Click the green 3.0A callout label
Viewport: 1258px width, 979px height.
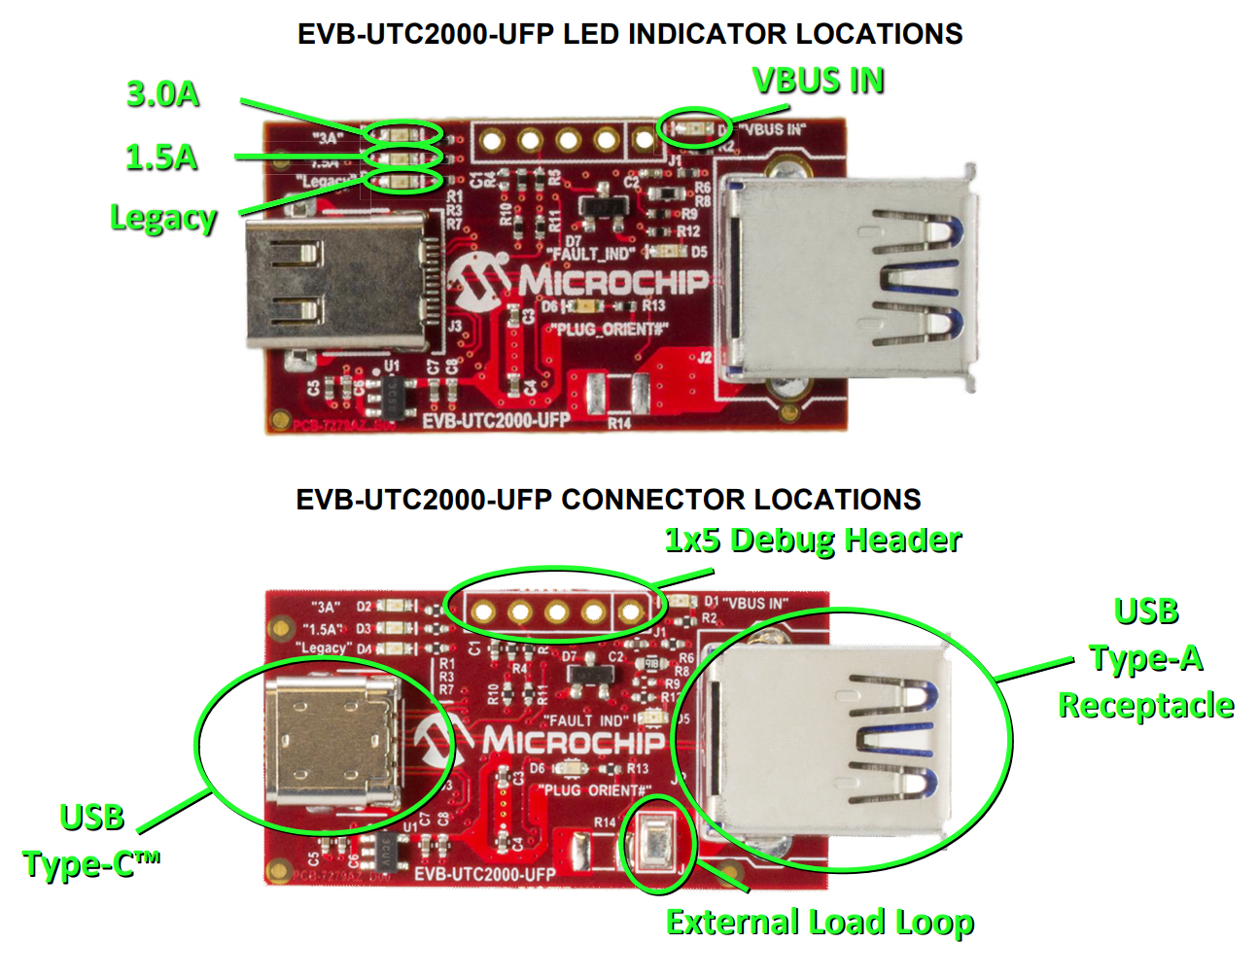pos(162,94)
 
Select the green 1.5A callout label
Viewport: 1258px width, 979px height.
pos(161,157)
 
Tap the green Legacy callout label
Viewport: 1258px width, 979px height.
pos(162,218)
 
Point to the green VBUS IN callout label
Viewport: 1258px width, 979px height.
pos(819,81)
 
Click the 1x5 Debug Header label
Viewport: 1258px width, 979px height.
pos(813,541)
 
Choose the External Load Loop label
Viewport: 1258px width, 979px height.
pos(820,922)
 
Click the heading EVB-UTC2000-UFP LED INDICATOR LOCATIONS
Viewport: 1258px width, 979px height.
pos(630,34)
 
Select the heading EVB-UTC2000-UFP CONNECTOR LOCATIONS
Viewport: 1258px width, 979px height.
pos(609,500)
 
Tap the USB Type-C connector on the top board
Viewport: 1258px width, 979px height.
pos(335,282)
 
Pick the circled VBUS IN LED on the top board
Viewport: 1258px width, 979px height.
pos(694,127)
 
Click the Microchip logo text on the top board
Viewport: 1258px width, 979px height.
pos(612,282)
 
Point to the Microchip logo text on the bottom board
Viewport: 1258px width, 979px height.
pos(574,742)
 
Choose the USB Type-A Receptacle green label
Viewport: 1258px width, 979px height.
pos(1146,658)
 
